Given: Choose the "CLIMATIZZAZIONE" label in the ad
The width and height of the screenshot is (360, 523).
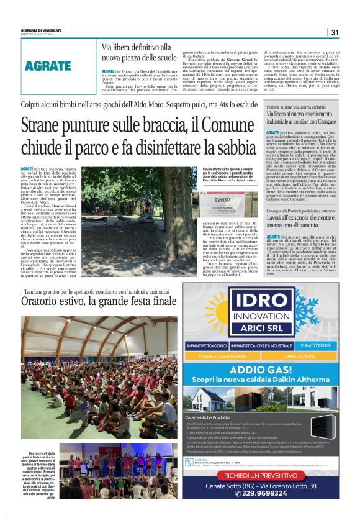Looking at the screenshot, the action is click(315, 345).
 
